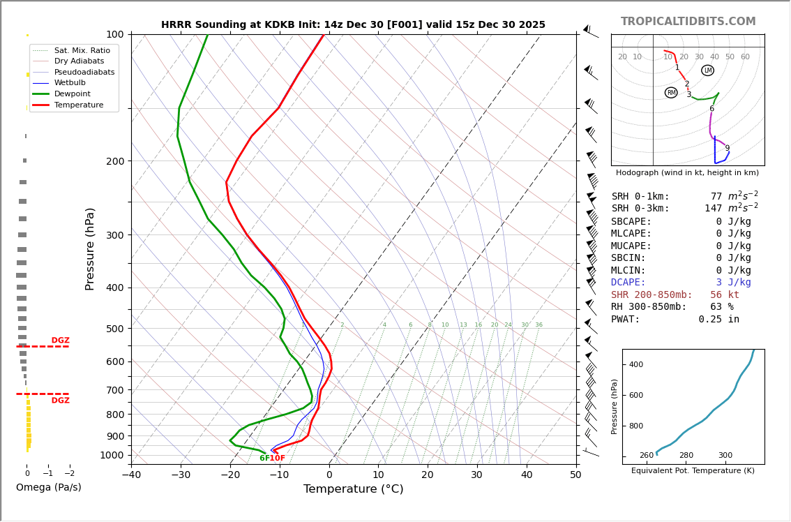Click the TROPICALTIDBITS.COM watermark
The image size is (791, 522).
(688, 22)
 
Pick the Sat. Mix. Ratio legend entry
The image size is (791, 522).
(82, 50)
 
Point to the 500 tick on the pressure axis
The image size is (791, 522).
(114, 329)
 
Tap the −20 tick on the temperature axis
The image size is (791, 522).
(230, 475)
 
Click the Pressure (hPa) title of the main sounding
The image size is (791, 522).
(90, 248)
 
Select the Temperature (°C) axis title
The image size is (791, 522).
(353, 489)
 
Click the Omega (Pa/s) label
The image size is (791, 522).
(48, 487)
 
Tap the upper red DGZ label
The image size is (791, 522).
(60, 341)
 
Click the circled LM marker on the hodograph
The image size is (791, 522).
(707, 70)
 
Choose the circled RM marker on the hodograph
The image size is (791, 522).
(671, 93)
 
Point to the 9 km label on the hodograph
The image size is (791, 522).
(727, 148)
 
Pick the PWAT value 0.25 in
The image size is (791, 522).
(718, 320)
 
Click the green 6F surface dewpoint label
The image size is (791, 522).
(264, 458)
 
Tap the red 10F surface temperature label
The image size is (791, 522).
(277, 458)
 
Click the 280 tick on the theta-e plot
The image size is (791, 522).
(686, 456)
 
